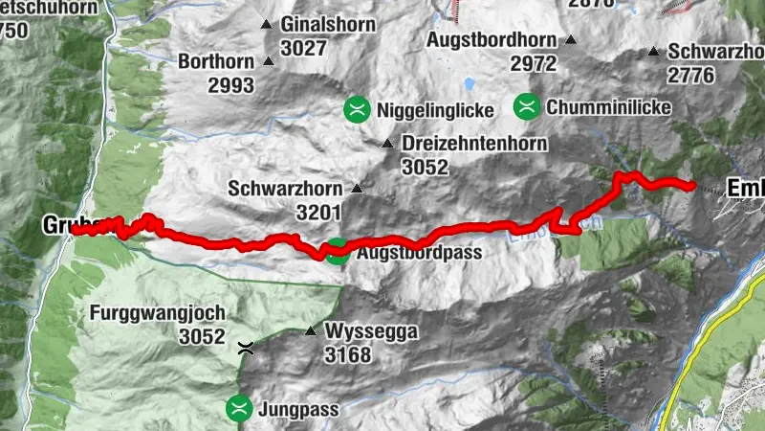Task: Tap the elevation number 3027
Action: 304,48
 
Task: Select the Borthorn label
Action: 216,62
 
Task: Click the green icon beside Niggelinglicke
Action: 358,110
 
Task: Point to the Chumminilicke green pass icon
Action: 525,107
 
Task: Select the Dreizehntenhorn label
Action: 474,144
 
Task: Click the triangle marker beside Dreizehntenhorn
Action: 387,144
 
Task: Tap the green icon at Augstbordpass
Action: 336,253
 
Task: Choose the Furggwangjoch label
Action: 158,313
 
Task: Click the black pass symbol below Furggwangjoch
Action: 246,350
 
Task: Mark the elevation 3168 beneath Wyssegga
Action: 348,354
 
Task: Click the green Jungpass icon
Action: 239,410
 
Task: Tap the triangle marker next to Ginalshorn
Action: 267,24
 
